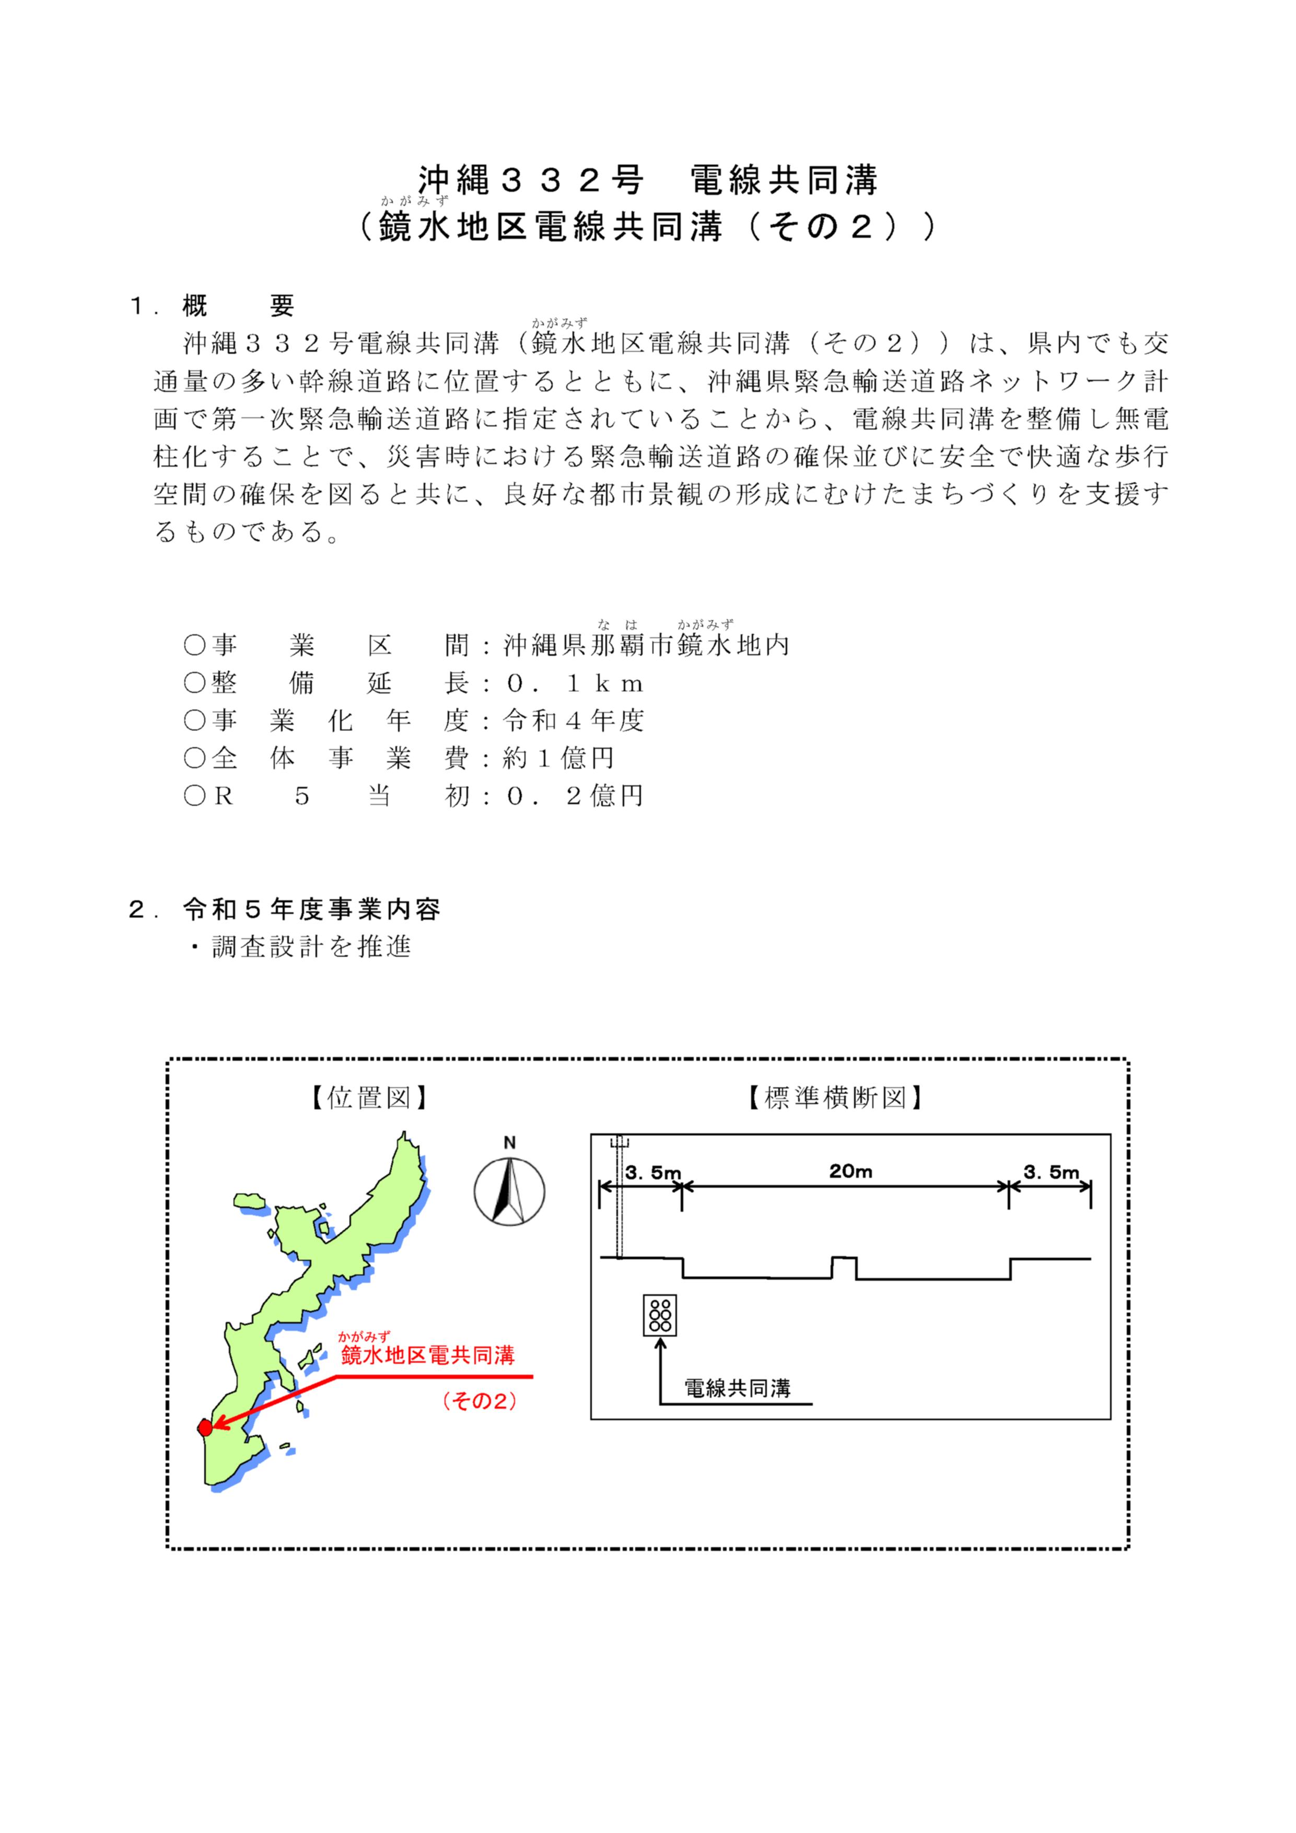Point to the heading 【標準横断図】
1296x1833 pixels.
click(x=835, y=1098)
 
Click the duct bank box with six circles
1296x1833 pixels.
click(x=660, y=1315)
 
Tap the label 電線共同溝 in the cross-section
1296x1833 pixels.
click(x=738, y=1388)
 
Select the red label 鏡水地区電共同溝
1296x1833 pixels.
click(x=428, y=1355)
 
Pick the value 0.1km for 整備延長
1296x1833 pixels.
click(x=575, y=683)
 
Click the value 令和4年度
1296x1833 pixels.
click(x=573, y=721)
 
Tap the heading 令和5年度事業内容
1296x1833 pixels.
click(x=311, y=909)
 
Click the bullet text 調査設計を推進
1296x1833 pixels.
click(x=311, y=947)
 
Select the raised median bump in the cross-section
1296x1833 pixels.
click(x=844, y=1267)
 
